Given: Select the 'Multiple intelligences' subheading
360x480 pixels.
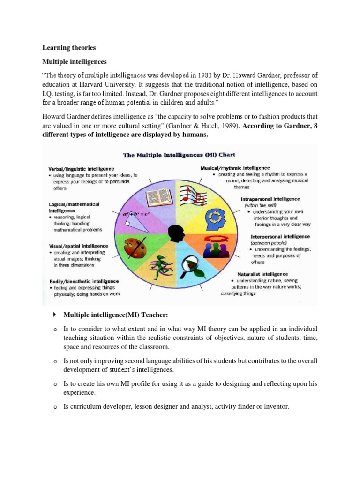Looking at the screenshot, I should [x=75, y=62].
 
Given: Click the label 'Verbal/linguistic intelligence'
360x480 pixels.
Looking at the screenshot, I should [x=81, y=169].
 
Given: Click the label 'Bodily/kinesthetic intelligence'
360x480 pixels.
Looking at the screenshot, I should [x=80, y=281].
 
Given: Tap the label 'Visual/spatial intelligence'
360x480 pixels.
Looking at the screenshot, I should [x=78, y=246].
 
